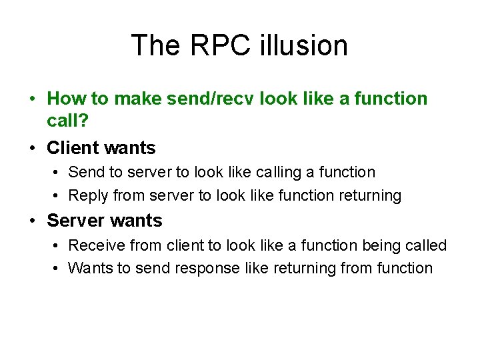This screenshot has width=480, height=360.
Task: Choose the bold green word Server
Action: (x=78, y=220)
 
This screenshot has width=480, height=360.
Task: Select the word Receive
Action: (x=96, y=245)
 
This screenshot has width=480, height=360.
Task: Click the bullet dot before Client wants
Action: (x=33, y=148)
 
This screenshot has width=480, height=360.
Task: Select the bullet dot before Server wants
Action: (x=33, y=221)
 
